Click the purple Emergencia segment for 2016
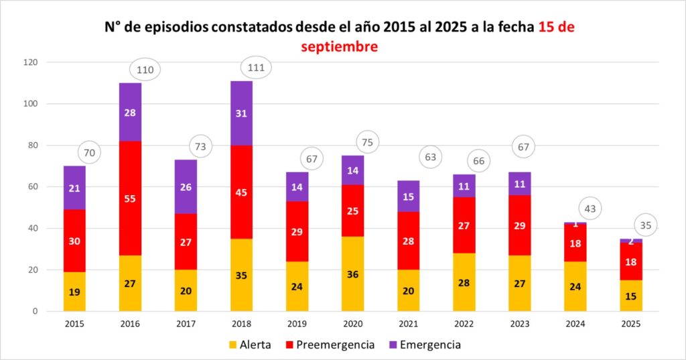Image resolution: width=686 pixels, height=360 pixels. point(130,112)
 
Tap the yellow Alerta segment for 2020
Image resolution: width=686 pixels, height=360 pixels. point(352,274)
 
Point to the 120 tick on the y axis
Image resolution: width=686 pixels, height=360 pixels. point(31,62)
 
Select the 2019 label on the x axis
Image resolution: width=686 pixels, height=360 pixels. point(297,324)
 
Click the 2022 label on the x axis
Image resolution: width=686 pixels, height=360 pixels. point(464,324)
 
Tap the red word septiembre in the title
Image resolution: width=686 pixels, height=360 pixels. point(339,47)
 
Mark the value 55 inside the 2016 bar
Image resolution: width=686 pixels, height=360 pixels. point(130,198)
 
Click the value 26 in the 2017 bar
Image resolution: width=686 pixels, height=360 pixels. point(186,187)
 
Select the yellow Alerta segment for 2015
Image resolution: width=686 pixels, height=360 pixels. point(74,291)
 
